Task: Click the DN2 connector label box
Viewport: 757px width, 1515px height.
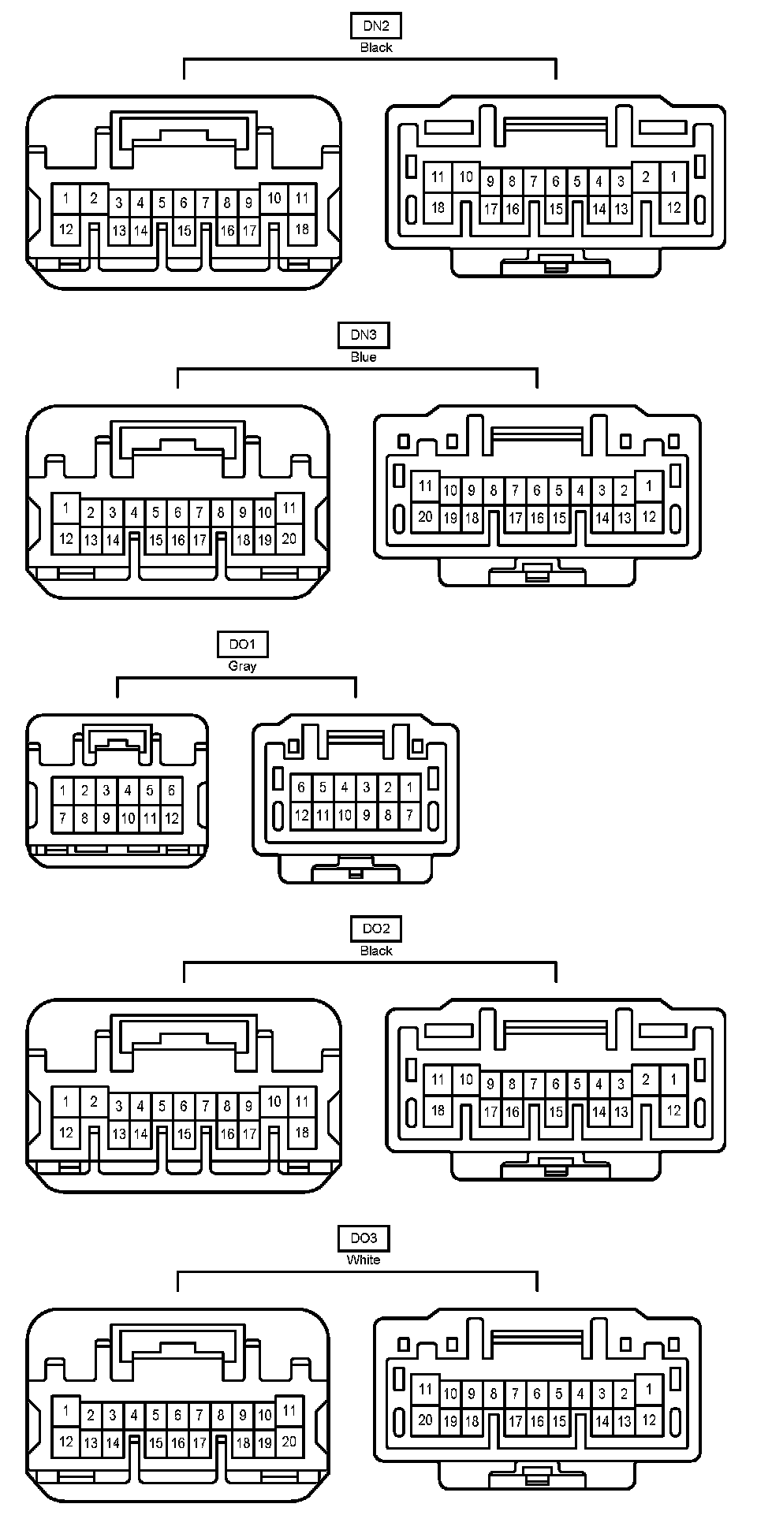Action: [376, 26]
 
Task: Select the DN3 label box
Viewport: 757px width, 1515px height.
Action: [364, 335]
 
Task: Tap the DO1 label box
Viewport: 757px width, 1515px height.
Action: [242, 645]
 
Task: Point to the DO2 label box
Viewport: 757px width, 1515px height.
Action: [376, 929]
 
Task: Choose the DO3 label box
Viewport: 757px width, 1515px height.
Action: [364, 1238]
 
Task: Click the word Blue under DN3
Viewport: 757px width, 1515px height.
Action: [364, 357]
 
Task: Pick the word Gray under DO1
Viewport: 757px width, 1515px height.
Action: [242, 666]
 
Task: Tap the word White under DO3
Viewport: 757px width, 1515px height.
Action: [364, 1260]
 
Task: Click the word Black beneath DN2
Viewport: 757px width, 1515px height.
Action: [376, 47]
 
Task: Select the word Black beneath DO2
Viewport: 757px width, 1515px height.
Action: [376, 951]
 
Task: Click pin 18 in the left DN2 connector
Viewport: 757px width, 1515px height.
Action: [302, 229]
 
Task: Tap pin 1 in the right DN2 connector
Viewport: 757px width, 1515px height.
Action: [673, 177]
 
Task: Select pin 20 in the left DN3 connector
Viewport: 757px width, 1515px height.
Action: [289, 539]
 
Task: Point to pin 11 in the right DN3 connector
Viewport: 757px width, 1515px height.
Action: [426, 486]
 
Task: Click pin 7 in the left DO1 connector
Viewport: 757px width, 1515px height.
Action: [63, 818]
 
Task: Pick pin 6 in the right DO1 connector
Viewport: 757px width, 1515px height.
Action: [301, 787]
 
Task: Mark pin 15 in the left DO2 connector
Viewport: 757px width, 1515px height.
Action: [184, 1134]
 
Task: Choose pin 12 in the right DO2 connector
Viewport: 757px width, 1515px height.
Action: [673, 1111]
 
